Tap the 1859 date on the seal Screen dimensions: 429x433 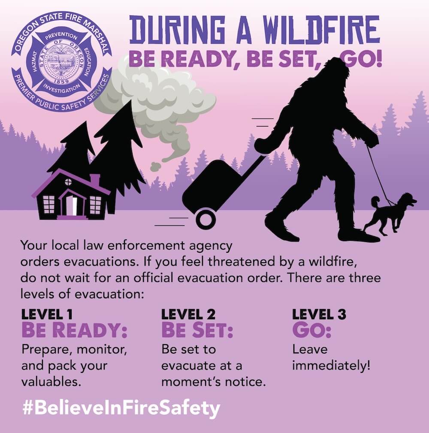[61, 82]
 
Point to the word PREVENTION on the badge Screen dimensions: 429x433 [61, 36]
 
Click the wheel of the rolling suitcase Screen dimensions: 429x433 [205, 220]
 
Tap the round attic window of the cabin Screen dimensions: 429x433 [68, 182]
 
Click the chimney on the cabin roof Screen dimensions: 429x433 [95, 179]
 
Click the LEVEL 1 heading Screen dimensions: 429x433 [47, 314]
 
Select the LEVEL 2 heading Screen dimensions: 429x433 [188, 314]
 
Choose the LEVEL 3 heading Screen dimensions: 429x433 [319, 314]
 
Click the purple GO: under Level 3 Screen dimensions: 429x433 [312, 330]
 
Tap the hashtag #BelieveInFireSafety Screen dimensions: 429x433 [121, 409]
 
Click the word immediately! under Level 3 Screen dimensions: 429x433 [331, 366]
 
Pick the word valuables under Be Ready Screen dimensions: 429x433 [51, 382]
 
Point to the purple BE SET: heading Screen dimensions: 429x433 [197, 330]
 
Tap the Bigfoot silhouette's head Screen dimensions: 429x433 [335, 72]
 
